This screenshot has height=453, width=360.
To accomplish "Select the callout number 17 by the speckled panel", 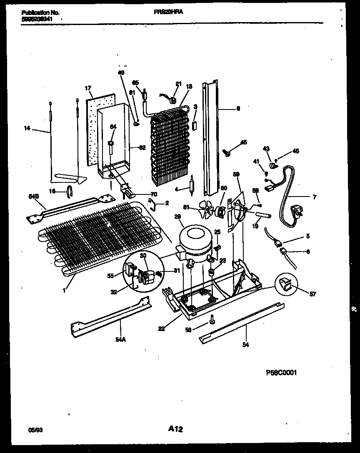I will [x=88, y=88].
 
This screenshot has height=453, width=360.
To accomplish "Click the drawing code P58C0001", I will [x=281, y=373].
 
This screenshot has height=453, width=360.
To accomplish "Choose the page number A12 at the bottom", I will [x=176, y=429].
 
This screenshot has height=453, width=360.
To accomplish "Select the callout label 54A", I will [x=120, y=339].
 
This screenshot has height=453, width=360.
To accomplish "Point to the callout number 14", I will [x=27, y=129].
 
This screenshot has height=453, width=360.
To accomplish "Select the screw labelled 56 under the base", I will [x=212, y=319].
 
